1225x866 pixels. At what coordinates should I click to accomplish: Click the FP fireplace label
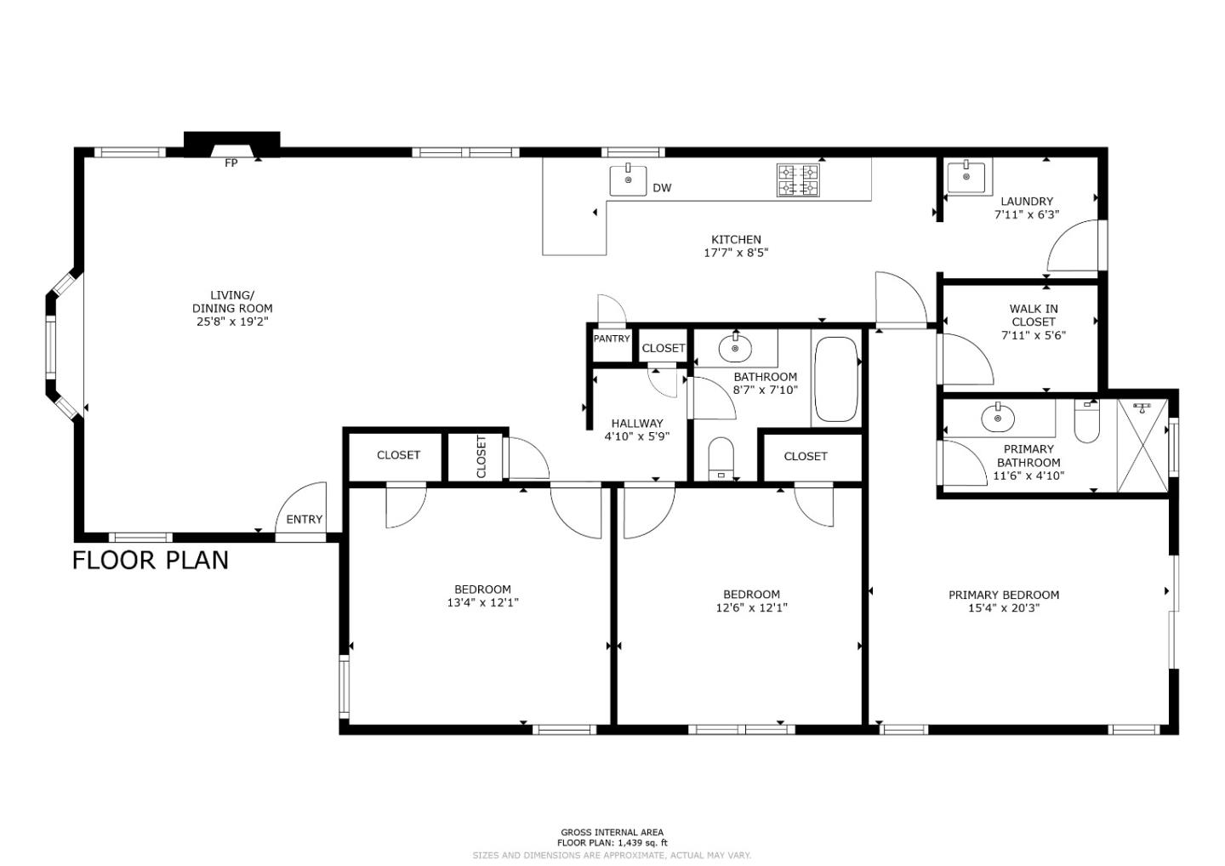pyautogui.click(x=231, y=163)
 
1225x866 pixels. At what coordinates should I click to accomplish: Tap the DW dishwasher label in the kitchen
pyautogui.click(x=662, y=188)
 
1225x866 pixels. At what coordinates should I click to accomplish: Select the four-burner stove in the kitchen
pyautogui.click(x=798, y=180)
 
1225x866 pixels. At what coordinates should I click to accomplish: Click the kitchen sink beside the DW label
pyautogui.click(x=628, y=180)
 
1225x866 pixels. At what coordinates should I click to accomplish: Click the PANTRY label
pyautogui.click(x=612, y=339)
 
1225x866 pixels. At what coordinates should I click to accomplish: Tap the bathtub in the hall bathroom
pyautogui.click(x=835, y=379)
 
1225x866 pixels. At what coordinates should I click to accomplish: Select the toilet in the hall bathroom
pyautogui.click(x=721, y=459)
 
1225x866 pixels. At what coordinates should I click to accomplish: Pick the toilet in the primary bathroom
pyautogui.click(x=1087, y=421)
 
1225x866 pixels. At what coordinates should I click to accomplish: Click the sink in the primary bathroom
pyautogui.click(x=997, y=418)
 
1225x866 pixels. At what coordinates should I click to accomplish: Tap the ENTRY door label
pyautogui.click(x=304, y=520)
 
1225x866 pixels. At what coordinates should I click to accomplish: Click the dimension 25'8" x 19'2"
pyautogui.click(x=231, y=322)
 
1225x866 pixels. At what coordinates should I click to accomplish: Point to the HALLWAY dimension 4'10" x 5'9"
pyautogui.click(x=637, y=436)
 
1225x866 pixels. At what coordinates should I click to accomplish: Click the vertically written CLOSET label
pyautogui.click(x=481, y=457)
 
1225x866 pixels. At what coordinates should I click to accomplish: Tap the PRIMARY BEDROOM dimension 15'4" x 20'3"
pyautogui.click(x=1004, y=607)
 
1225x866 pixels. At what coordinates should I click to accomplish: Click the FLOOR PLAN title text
pyautogui.click(x=151, y=560)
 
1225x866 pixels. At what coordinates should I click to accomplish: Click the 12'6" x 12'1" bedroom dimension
pyautogui.click(x=751, y=607)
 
